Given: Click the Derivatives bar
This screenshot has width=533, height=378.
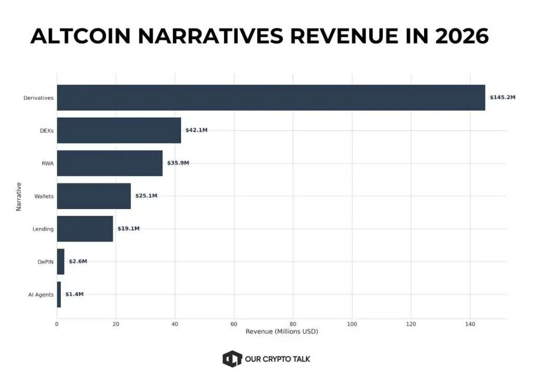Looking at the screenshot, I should (271, 97).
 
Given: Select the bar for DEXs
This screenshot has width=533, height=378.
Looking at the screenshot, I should (119, 130).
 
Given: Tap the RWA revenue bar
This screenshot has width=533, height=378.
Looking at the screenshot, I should (109, 163).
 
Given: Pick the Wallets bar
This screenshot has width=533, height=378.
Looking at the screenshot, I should (94, 196).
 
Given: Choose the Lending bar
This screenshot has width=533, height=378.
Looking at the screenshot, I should (85, 229).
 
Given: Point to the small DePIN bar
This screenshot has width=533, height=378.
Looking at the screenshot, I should (60, 261).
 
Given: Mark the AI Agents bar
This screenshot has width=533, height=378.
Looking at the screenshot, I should (59, 294).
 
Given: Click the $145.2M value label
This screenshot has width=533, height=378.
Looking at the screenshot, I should (502, 97).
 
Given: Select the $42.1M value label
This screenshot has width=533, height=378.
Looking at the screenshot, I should (196, 130).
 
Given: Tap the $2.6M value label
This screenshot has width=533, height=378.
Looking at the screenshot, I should (78, 261).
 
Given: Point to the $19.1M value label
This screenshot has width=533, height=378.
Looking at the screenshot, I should (128, 229).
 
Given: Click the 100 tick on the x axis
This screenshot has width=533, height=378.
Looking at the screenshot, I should (352, 324).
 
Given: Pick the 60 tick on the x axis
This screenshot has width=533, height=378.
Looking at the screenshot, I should (234, 324).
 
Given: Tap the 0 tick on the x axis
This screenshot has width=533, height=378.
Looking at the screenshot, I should (57, 324).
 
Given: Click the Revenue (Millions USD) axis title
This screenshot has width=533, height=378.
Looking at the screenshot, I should (282, 332).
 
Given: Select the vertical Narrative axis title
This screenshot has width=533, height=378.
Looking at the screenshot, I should (19, 196).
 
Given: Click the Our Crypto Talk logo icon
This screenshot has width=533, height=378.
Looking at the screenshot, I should (232, 359).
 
